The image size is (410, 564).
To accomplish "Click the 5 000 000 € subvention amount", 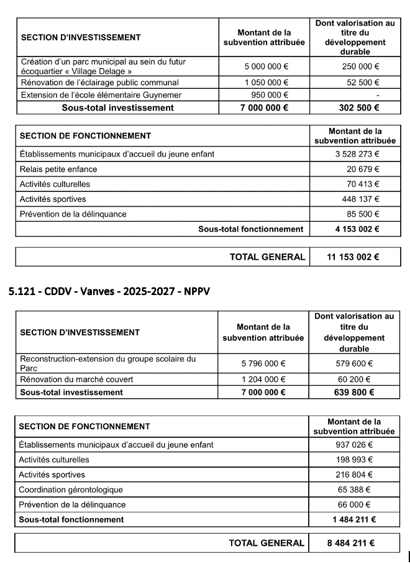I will [x=263, y=66].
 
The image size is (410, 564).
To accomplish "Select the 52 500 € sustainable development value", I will [x=363, y=83].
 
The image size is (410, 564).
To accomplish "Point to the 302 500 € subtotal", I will [x=355, y=107].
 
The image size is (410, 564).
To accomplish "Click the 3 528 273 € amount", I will [x=355, y=153].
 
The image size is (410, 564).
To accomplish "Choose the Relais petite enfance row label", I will [x=58, y=169].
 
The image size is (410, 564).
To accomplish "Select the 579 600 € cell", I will [x=355, y=363].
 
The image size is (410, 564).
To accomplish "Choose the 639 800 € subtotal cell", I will [x=355, y=392].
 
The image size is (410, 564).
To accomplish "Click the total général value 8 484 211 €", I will [x=350, y=543].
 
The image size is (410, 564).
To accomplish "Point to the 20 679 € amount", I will [x=363, y=169].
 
